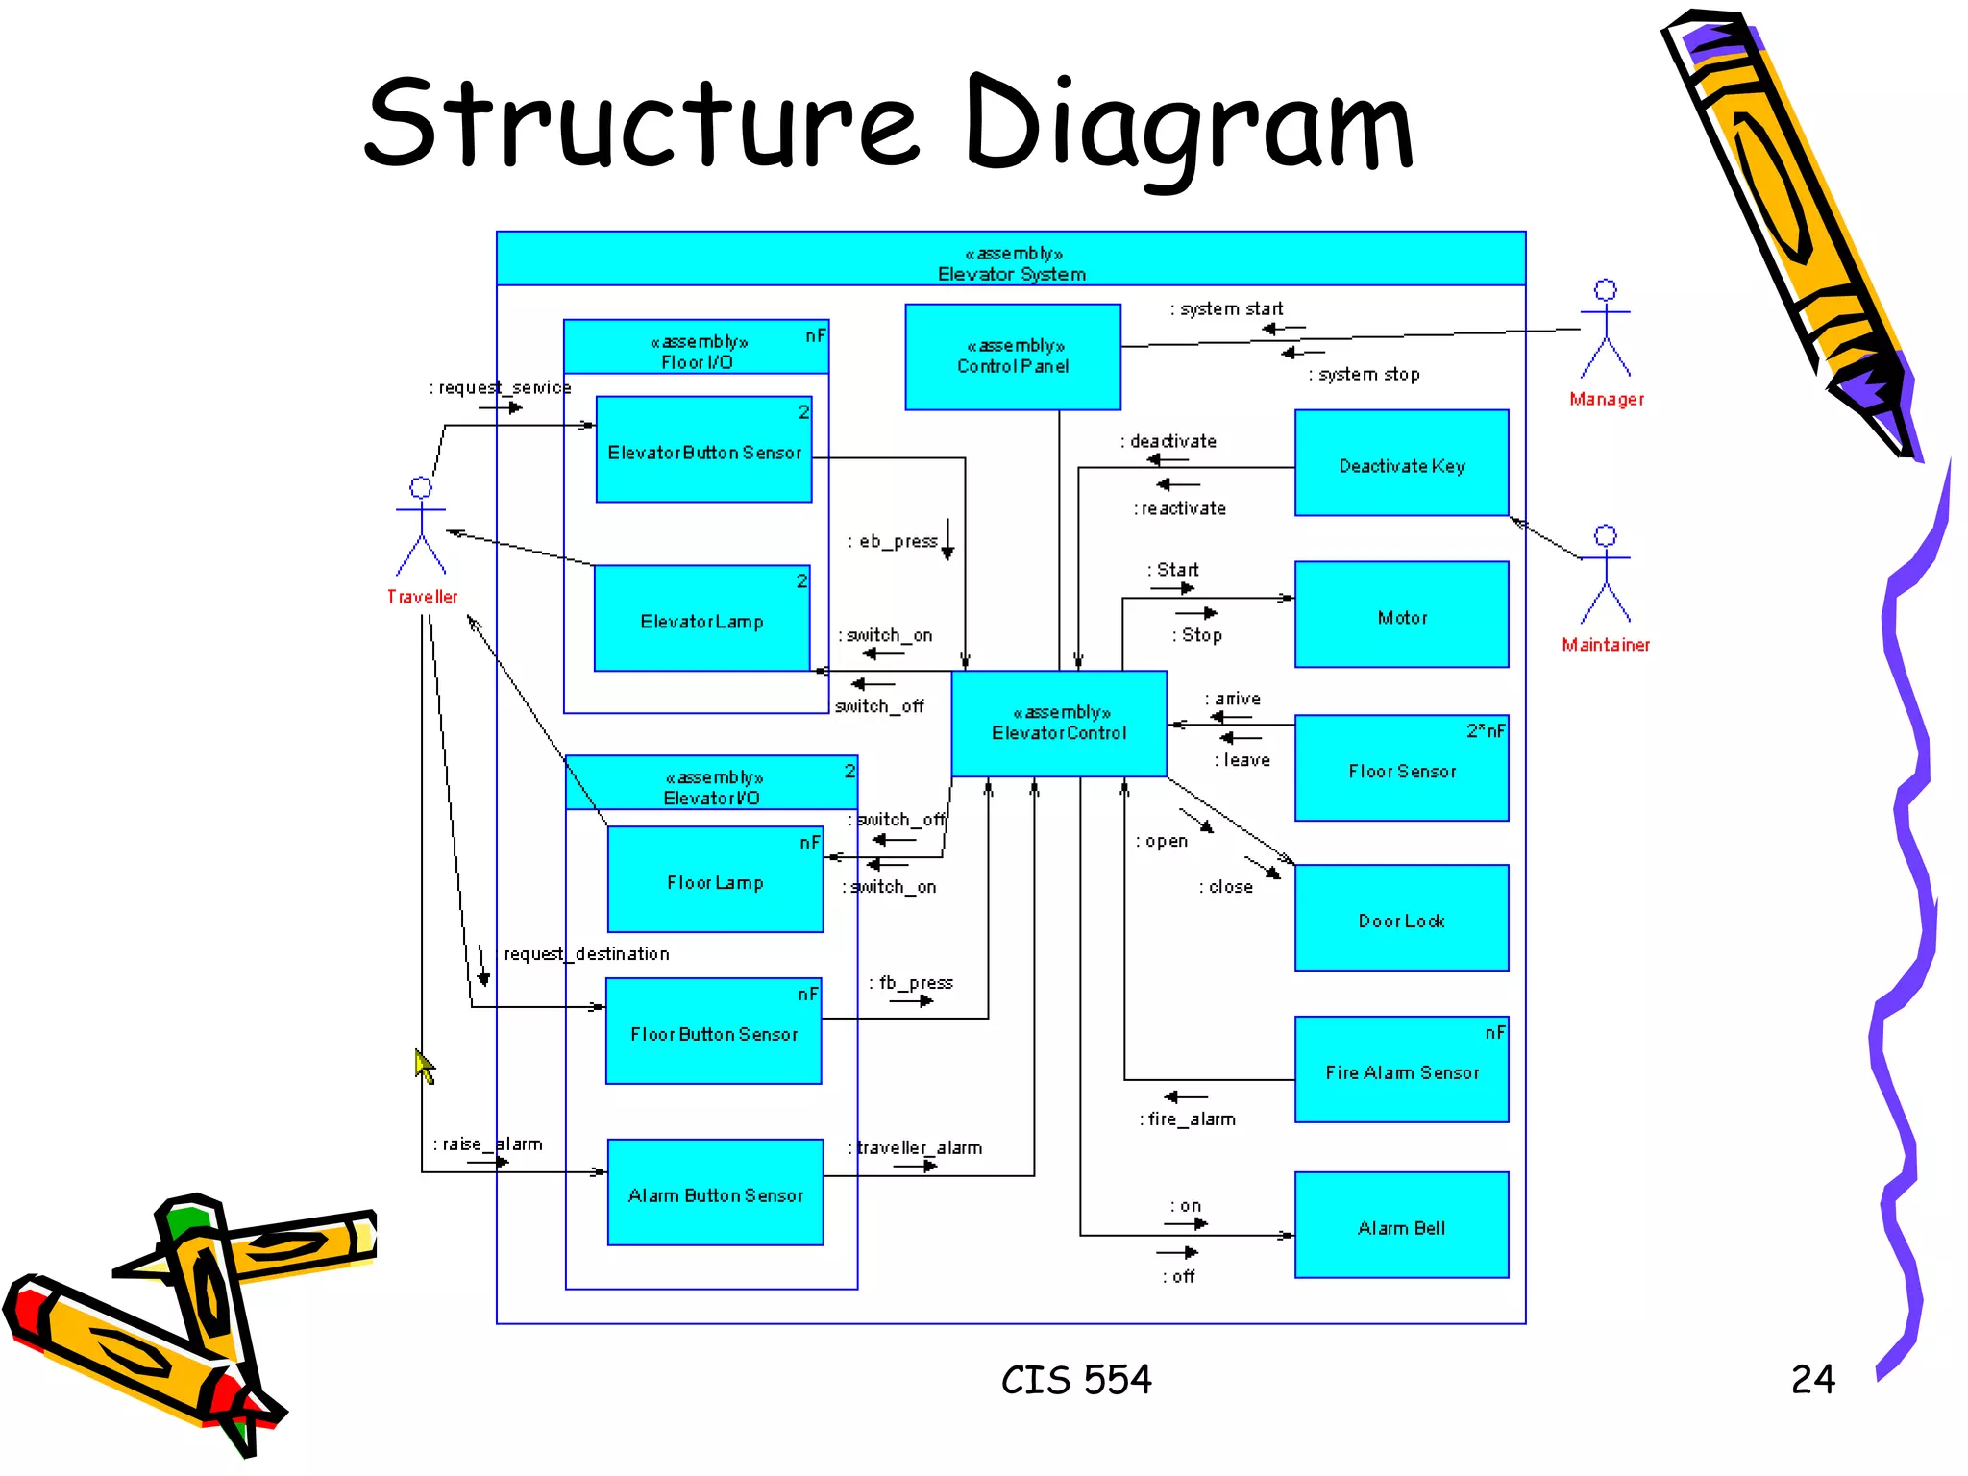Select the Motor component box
pos(1401,615)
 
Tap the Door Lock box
pos(1401,918)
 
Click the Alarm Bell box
pos(1401,1225)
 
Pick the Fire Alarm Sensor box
pos(1401,1070)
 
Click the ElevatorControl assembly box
pos(1059,724)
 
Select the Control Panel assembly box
pos(1013,357)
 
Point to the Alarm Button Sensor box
pos(715,1193)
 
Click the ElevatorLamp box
pos(701,619)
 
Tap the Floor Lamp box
pos(715,879)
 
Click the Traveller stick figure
pos(421,526)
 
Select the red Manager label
pos(1607,399)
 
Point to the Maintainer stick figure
pos(1606,574)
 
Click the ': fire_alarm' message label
pos(1189,1119)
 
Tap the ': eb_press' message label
pos(893,541)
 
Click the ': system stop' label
pos(1365,374)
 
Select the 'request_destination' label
pos(586,953)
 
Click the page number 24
pos(1812,1380)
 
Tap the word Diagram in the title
pos(1189,125)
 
